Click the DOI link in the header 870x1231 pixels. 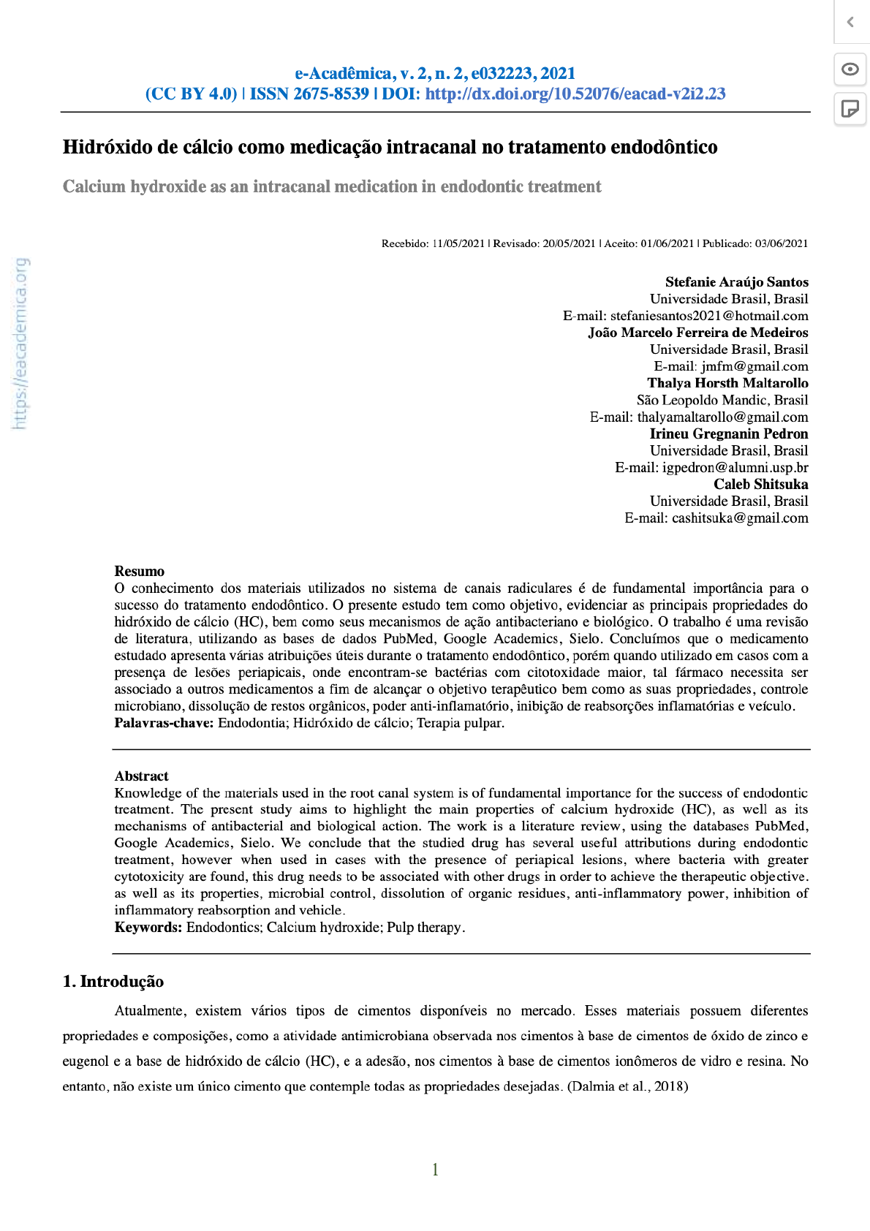click(x=575, y=94)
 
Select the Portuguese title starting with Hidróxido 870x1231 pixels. click(x=390, y=147)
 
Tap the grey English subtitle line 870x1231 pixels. click(x=332, y=186)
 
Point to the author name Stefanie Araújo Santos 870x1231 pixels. click(x=736, y=282)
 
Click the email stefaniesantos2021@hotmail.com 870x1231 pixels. click(x=709, y=316)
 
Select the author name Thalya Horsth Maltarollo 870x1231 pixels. click(x=727, y=383)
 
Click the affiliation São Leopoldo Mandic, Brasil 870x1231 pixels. click(x=722, y=400)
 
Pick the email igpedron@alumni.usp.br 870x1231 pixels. click(x=735, y=468)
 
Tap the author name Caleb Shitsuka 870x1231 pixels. click(x=760, y=485)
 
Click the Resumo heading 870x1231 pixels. click(x=140, y=572)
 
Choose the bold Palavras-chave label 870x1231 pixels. click(x=164, y=723)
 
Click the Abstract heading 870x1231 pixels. click(x=141, y=776)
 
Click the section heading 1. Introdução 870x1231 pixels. click(x=113, y=982)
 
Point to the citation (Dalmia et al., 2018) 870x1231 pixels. click(x=628, y=1086)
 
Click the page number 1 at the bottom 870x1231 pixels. click(x=435, y=1170)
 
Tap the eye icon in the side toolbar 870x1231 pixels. click(x=850, y=69)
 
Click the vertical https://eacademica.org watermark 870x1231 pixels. click(x=20, y=343)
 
